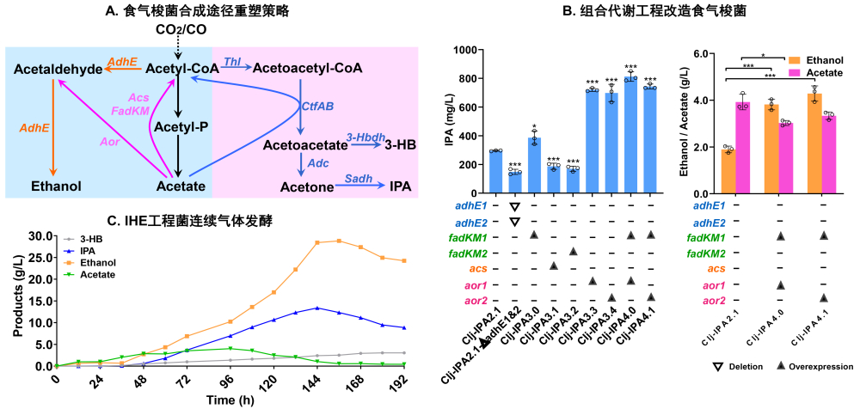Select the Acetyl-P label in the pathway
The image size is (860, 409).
177,127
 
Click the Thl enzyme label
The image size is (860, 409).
232,62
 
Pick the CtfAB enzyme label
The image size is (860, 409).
316,106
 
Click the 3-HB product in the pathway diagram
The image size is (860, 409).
402,145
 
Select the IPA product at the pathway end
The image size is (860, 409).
400,186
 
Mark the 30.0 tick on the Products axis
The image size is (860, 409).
40,235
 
